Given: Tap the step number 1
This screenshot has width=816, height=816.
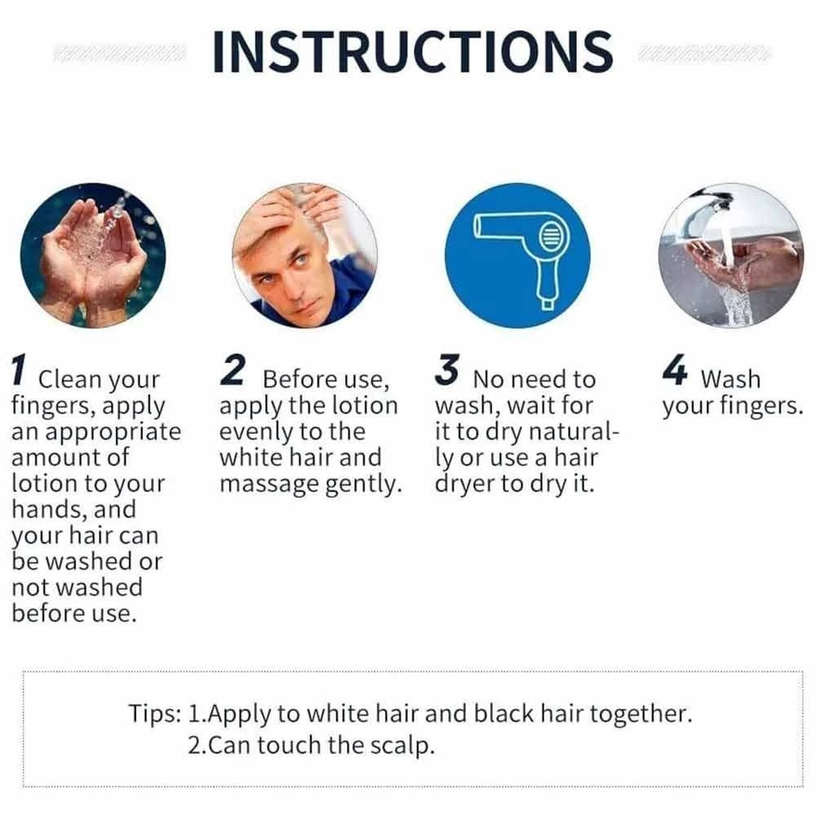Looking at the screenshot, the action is coord(19,370).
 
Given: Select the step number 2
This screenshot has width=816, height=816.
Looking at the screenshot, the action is coord(233,370).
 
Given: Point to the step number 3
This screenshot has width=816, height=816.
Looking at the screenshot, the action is coord(447,370).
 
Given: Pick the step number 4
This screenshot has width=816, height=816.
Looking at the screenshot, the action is coord(675,370).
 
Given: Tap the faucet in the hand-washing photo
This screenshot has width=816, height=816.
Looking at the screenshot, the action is coord(711,211).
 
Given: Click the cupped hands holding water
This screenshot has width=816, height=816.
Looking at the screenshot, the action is coord(94,260).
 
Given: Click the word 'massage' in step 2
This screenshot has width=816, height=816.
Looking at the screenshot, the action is coord(268,485).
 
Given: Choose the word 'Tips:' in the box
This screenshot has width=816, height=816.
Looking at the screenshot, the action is coord(154,713).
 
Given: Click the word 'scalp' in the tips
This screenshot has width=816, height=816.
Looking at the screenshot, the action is coord(401,746).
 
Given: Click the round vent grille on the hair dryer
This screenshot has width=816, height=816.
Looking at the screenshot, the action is coord(551,237).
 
